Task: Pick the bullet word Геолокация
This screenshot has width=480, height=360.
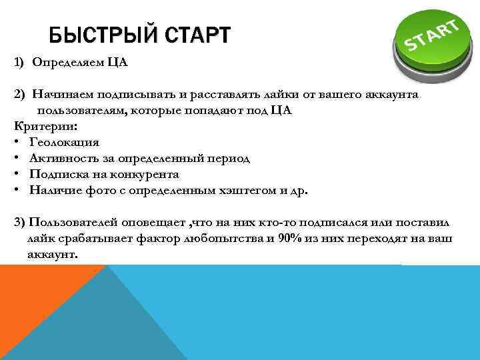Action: click(64, 142)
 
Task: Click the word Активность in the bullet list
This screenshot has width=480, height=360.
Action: click(63, 158)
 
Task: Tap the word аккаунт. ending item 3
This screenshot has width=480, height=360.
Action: click(53, 254)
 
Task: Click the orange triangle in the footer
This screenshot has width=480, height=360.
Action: click(33, 293)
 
